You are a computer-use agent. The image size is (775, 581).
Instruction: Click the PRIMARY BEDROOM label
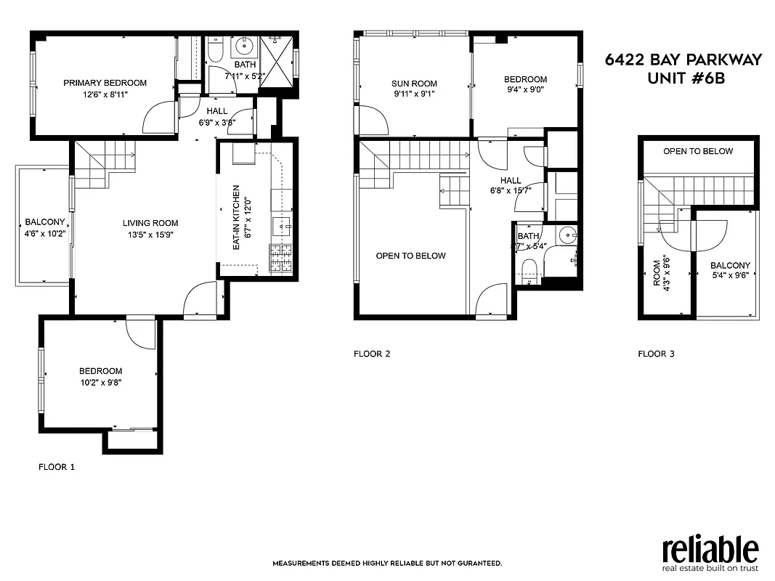click(105, 83)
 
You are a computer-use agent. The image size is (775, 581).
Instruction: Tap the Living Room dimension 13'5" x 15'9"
click(150, 235)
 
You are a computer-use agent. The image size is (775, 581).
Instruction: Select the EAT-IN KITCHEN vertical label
click(236, 218)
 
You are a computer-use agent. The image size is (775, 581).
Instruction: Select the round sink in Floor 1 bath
click(244, 49)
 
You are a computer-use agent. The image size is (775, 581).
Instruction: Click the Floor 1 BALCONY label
click(45, 222)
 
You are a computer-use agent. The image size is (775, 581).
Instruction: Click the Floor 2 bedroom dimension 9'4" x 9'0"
click(525, 90)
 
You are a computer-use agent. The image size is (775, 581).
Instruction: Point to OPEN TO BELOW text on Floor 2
click(410, 256)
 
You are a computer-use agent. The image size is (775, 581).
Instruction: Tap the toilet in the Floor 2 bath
click(529, 272)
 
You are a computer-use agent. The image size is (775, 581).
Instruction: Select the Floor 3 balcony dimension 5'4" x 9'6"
click(730, 276)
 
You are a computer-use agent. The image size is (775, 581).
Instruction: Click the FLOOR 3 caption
click(656, 354)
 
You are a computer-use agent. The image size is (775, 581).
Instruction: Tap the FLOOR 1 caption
click(57, 468)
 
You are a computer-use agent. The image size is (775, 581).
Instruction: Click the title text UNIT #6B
click(685, 78)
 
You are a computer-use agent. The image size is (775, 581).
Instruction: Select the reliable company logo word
click(710, 548)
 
